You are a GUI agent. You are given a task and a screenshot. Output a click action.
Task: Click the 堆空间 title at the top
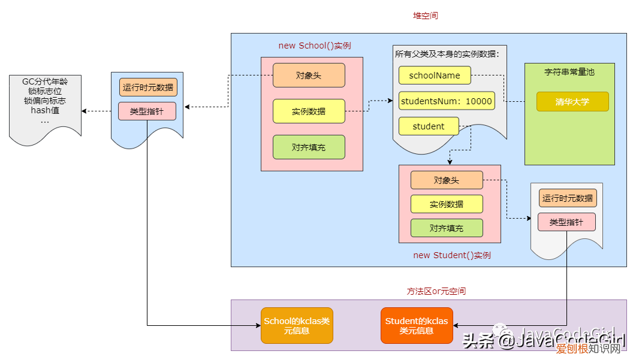coord(426,16)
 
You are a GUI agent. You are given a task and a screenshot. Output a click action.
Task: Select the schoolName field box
coord(435,75)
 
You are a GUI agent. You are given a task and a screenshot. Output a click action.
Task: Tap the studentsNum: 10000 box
coord(447,101)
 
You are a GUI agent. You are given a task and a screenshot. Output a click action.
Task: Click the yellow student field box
coord(429,126)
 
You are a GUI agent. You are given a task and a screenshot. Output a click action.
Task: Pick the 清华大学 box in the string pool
coord(572,102)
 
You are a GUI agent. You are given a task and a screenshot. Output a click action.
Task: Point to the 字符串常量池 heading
coord(569,71)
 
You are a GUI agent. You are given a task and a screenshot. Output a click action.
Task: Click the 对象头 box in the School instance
coord(309,75)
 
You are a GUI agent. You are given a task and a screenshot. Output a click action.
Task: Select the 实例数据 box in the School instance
coord(309,111)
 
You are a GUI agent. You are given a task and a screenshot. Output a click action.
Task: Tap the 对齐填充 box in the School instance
coord(309,147)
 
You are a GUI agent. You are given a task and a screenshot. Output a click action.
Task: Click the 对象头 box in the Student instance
coord(447,180)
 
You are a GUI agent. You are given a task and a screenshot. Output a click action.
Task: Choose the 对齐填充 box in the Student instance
coord(447,228)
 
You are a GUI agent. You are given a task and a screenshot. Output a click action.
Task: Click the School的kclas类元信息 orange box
coord(297,325)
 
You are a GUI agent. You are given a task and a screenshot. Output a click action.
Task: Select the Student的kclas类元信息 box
coord(417,325)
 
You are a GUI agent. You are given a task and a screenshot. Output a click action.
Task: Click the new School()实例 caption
coord(315,46)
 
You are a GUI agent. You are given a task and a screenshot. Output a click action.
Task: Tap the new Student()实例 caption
coord(452,255)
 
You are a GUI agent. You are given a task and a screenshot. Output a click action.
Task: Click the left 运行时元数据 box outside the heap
coord(147,87)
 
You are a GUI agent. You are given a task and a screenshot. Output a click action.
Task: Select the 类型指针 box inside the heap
coord(566,222)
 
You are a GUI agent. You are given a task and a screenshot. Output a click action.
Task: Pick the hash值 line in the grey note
coord(45,111)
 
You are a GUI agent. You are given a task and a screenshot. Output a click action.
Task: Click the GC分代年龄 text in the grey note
coord(45,81)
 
